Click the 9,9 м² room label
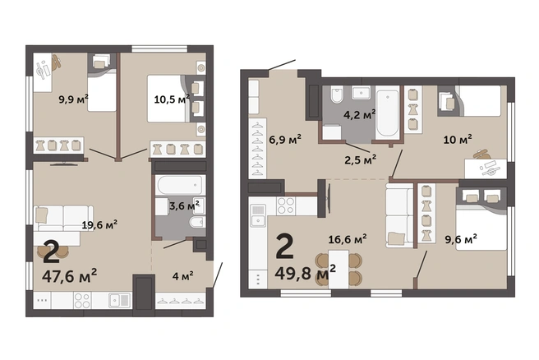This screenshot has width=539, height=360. pyautogui.click(x=73, y=99)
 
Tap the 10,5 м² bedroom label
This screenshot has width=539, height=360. pyautogui.click(x=172, y=99)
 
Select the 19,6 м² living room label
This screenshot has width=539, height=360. pyautogui.click(x=99, y=225)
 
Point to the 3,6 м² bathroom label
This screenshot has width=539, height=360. pyautogui.click(x=184, y=205)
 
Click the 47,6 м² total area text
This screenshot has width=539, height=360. pyautogui.click(x=70, y=275)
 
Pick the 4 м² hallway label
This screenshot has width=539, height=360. pyautogui.click(x=183, y=276)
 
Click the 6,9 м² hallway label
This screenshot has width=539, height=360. pyautogui.click(x=285, y=140)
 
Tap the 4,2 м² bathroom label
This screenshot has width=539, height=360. pyautogui.click(x=359, y=114)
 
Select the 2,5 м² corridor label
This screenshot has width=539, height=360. pyautogui.click(x=360, y=159)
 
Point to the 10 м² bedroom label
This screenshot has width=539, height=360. pyautogui.click(x=458, y=139)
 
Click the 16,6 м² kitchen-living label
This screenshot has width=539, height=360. pyautogui.click(x=348, y=239)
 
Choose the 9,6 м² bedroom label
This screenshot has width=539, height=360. pyautogui.click(x=461, y=239)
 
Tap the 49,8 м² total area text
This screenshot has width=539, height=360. pyautogui.click(x=306, y=273)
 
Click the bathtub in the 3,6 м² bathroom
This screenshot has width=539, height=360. pyautogui.click(x=180, y=185)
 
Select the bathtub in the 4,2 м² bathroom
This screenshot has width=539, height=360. pyautogui.click(x=388, y=113)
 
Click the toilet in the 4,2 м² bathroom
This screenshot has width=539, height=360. pyautogui.click(x=337, y=95)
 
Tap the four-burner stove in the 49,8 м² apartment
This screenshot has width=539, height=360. pyautogui.click(x=286, y=205)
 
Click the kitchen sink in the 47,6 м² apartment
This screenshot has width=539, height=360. pyautogui.click(x=120, y=300)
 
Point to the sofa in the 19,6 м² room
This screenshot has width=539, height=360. pyautogui.click(x=63, y=219)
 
